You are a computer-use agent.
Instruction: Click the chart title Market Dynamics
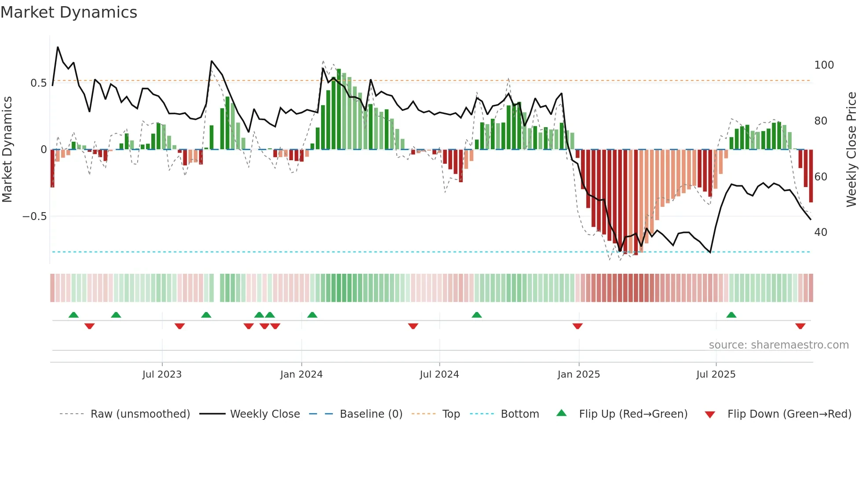pos(69,12)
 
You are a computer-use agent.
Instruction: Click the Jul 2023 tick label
pos(162,374)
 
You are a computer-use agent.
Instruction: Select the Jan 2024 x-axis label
pos(301,374)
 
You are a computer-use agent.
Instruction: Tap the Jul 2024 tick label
pos(439,374)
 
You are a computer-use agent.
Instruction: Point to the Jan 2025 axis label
pos(578,374)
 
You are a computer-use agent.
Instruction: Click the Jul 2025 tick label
pos(716,374)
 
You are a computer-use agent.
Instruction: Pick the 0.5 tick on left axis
pos(38,83)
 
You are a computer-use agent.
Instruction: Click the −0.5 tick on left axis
pos(34,216)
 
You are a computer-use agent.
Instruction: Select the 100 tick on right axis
pos(824,65)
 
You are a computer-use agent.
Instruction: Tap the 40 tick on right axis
pos(821,232)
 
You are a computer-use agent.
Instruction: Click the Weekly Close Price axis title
pos(851,149)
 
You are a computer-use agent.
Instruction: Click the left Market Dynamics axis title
pos(7,149)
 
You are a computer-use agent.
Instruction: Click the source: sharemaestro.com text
pos(778,345)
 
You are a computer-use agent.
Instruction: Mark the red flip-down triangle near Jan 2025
pos(577,326)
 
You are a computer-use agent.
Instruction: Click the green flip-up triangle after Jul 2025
pos(731,315)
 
